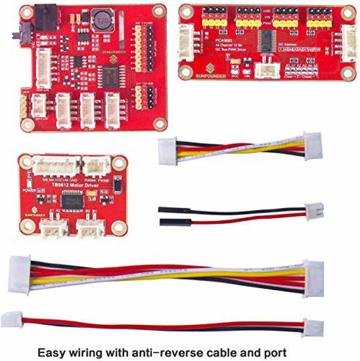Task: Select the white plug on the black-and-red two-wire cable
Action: tap(315, 210)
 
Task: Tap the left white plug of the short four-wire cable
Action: tap(168, 152)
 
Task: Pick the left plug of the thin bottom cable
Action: tap(11, 320)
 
